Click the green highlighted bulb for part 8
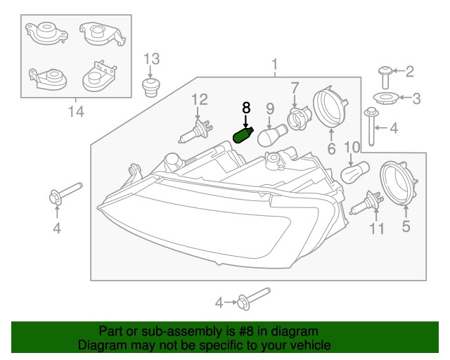(243, 134)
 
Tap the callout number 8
(246, 108)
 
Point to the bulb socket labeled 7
(299, 117)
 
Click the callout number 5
(405, 226)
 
